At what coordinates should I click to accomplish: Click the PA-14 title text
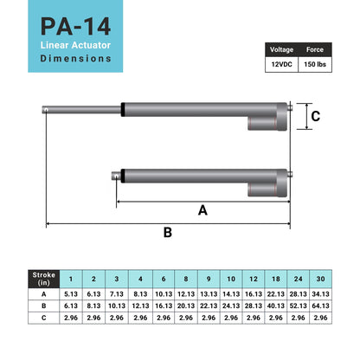click(75, 27)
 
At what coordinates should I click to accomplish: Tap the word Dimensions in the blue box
click(75, 58)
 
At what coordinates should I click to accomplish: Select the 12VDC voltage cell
click(281, 64)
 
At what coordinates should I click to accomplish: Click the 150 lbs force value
click(315, 64)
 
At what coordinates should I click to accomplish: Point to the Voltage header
click(281, 49)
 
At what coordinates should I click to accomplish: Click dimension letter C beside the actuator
click(316, 116)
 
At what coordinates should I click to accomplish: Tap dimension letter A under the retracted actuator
click(202, 210)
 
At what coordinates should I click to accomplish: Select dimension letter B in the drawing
click(168, 232)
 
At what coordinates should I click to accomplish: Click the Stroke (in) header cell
click(44, 279)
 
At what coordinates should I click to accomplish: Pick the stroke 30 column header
click(320, 279)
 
